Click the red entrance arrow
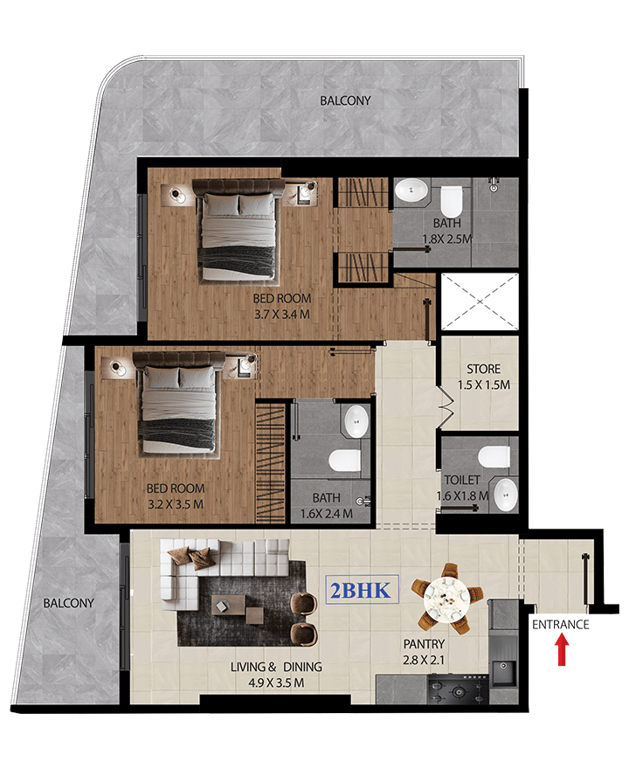coord(563,650)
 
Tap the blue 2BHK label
coord(362,590)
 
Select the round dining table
coord(446,599)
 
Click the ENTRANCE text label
coord(560,624)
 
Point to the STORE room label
coord(483,369)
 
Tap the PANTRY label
coord(424,643)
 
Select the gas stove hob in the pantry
coord(458,690)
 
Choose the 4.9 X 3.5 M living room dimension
coord(276,682)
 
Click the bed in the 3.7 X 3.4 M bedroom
coord(238,231)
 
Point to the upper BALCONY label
coord(345,100)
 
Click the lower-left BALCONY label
coord(69,603)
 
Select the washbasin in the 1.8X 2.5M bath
coord(411,190)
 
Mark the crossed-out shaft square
coord(480,301)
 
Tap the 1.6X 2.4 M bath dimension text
coord(327,514)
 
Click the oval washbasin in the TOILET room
coord(506,495)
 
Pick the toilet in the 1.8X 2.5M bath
coord(452,201)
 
